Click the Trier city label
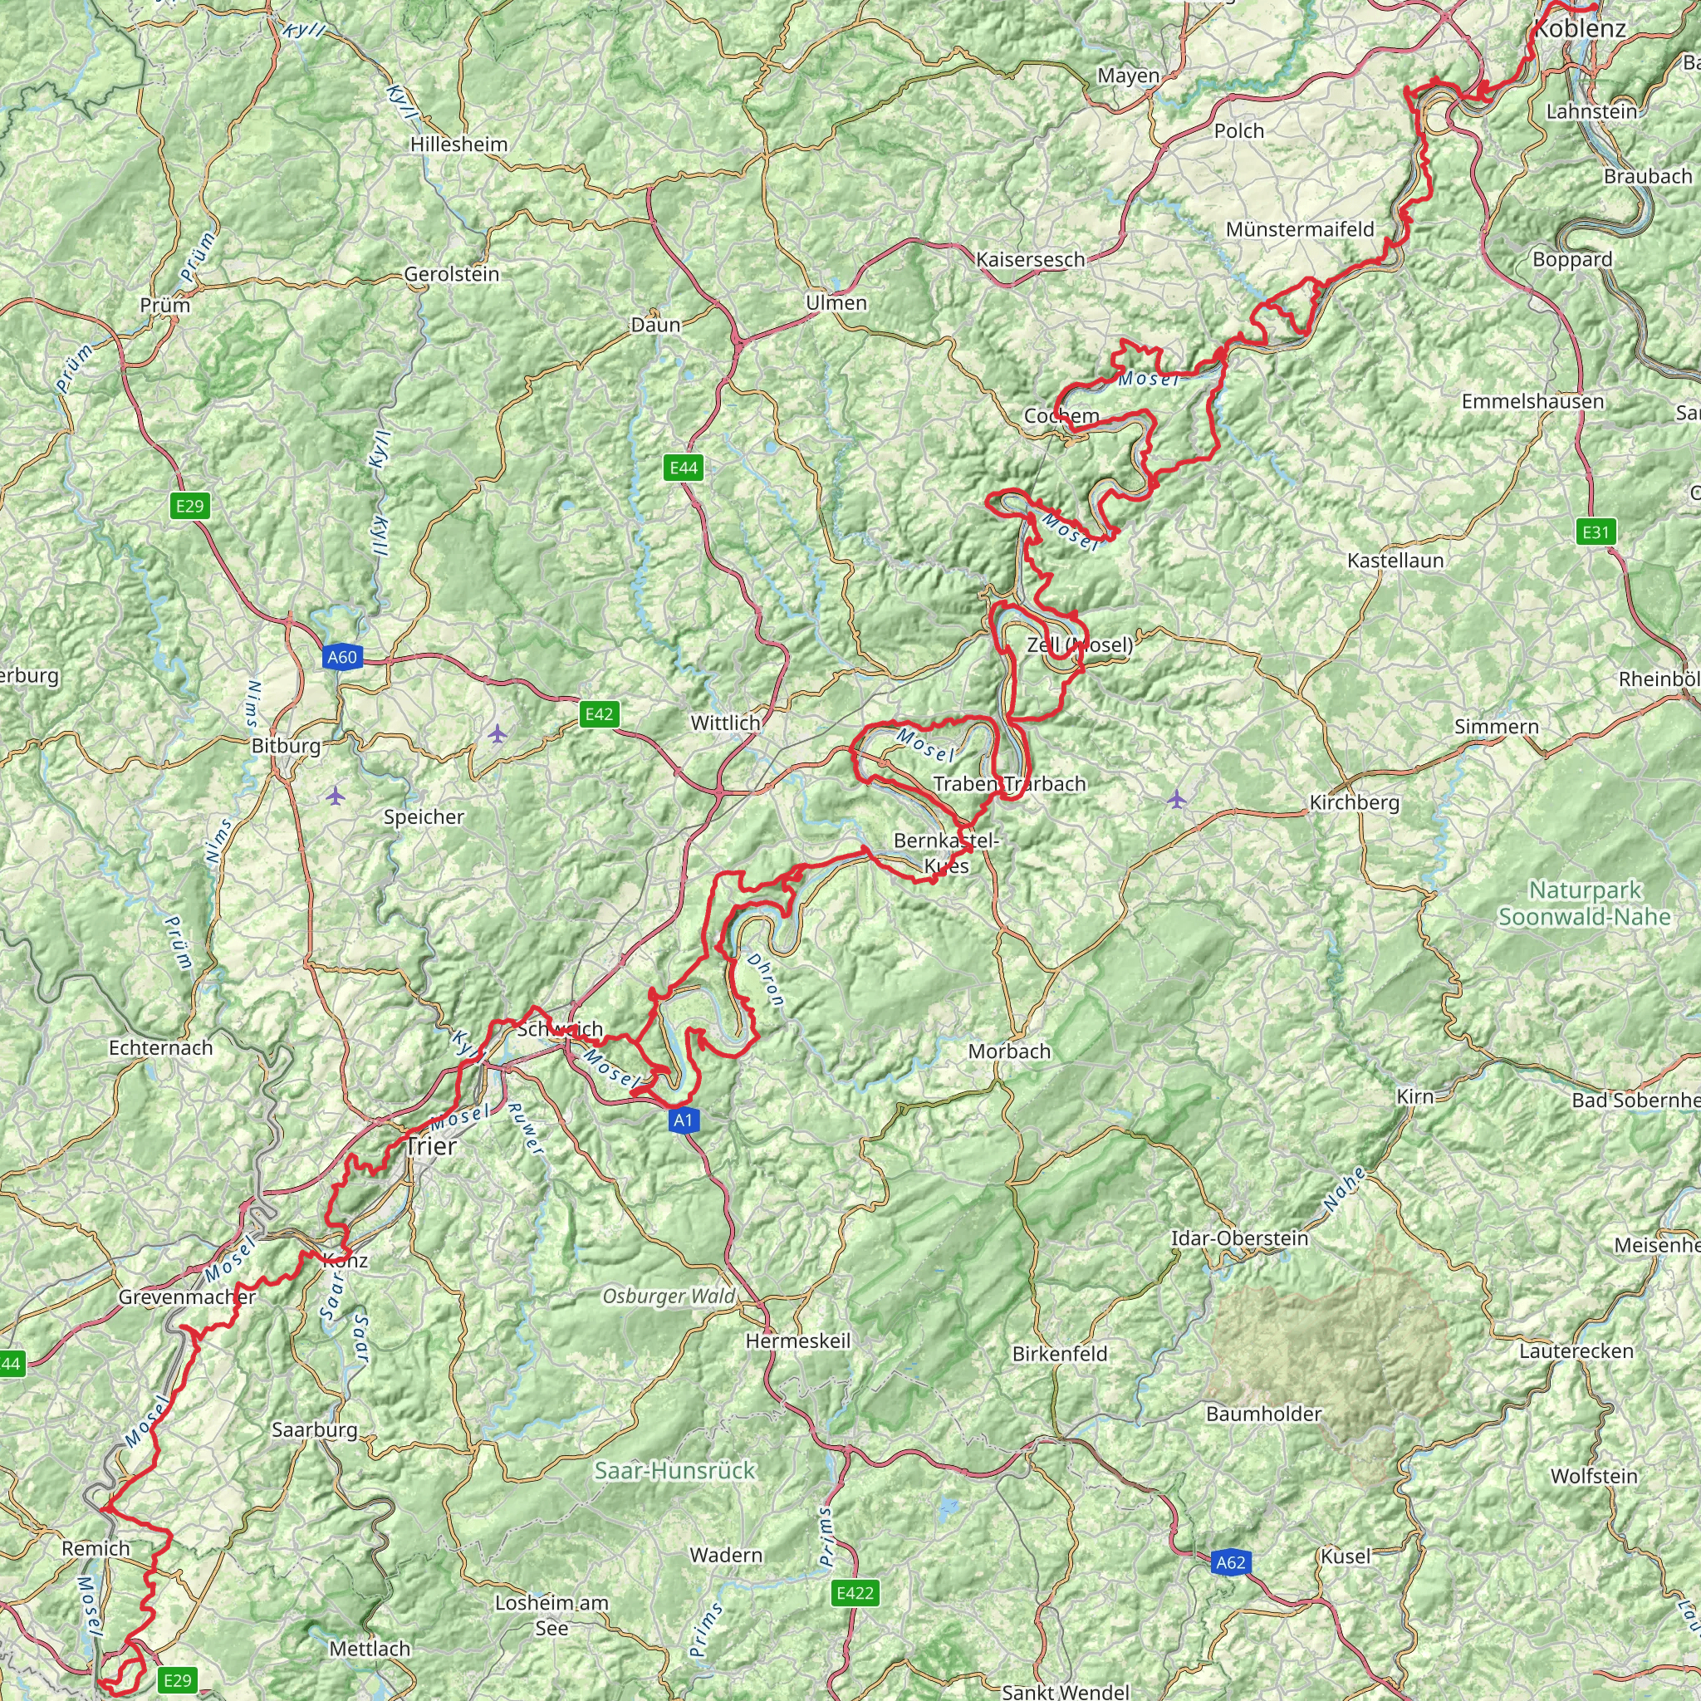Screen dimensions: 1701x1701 (430, 1146)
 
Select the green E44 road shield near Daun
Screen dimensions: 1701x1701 (684, 468)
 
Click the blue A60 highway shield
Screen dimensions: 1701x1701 (341, 657)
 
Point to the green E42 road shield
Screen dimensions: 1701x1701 (599, 714)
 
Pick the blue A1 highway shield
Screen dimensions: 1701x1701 (684, 1120)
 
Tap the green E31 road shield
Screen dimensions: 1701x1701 (1596, 532)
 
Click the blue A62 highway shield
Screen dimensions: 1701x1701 (1230, 1563)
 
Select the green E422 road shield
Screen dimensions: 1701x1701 (855, 1593)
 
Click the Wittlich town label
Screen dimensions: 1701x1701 (725, 723)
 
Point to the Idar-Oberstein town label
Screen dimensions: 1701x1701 (1240, 1238)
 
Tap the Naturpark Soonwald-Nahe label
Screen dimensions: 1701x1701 (1585, 904)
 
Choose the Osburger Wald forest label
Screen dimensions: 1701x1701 (669, 1296)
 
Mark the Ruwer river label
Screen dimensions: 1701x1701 (527, 1129)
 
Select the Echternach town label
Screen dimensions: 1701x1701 (161, 1047)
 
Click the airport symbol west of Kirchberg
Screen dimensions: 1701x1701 (1177, 800)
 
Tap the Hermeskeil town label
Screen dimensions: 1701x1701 (797, 1341)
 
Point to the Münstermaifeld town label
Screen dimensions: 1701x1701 (1300, 230)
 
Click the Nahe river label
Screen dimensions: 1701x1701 (1345, 1189)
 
